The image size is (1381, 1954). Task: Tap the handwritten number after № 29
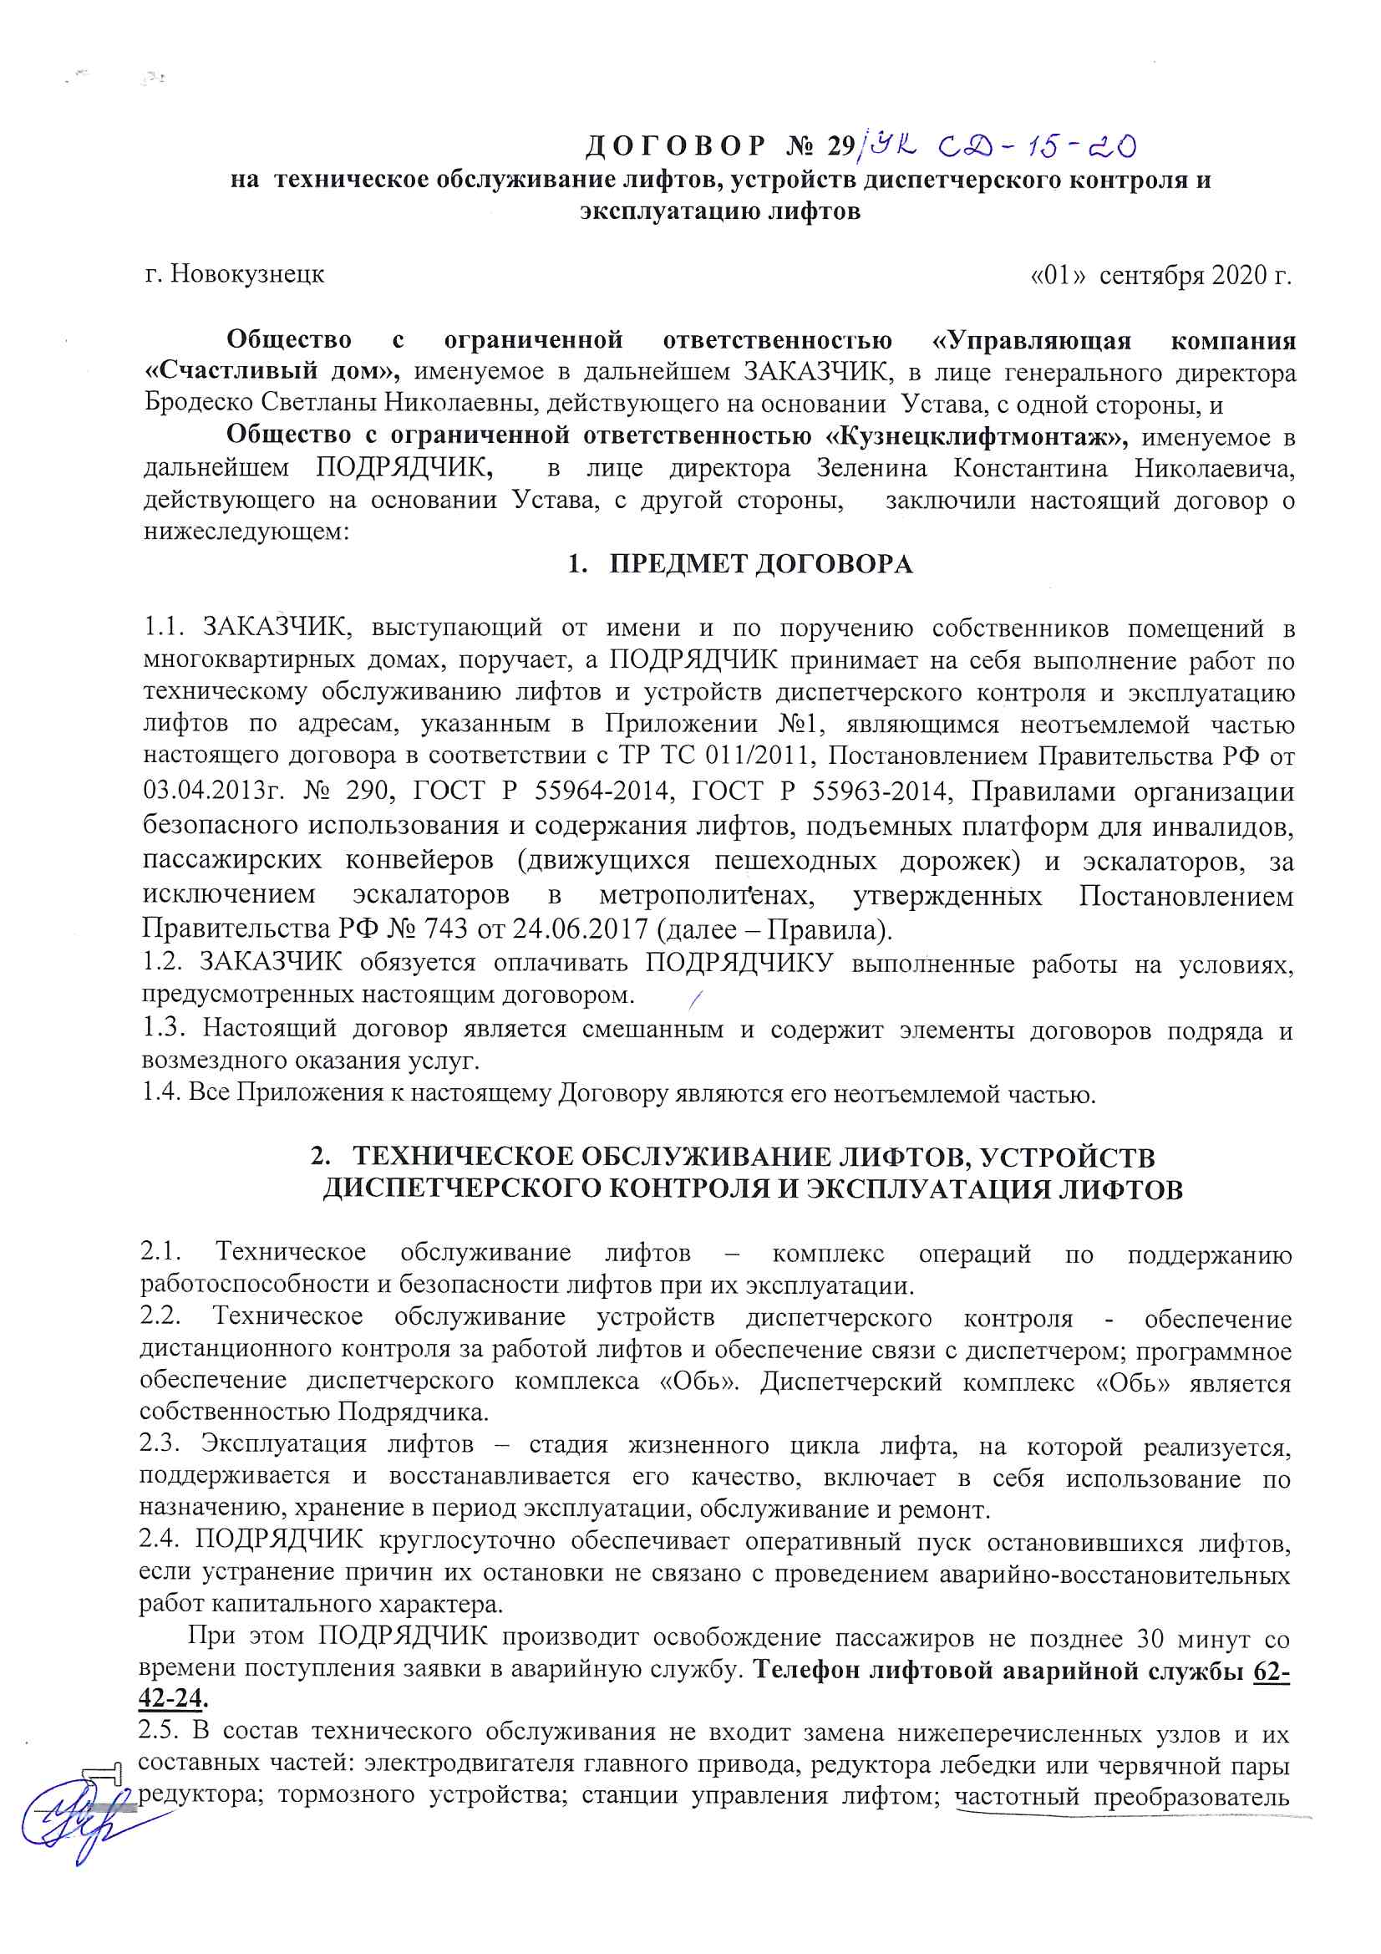coord(1000,147)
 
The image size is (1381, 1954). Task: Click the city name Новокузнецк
coord(246,274)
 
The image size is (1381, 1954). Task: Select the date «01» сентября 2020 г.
coord(1160,276)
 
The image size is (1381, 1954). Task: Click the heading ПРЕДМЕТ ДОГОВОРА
coord(761,564)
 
